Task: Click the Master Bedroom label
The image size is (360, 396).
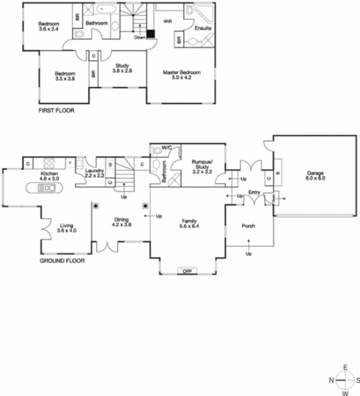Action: pyautogui.click(x=182, y=76)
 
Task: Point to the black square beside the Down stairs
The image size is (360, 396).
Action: pyautogui.click(x=151, y=33)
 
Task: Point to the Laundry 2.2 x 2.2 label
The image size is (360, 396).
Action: pyautogui.click(x=95, y=174)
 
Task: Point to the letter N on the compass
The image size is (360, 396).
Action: pyautogui.click(x=332, y=379)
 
